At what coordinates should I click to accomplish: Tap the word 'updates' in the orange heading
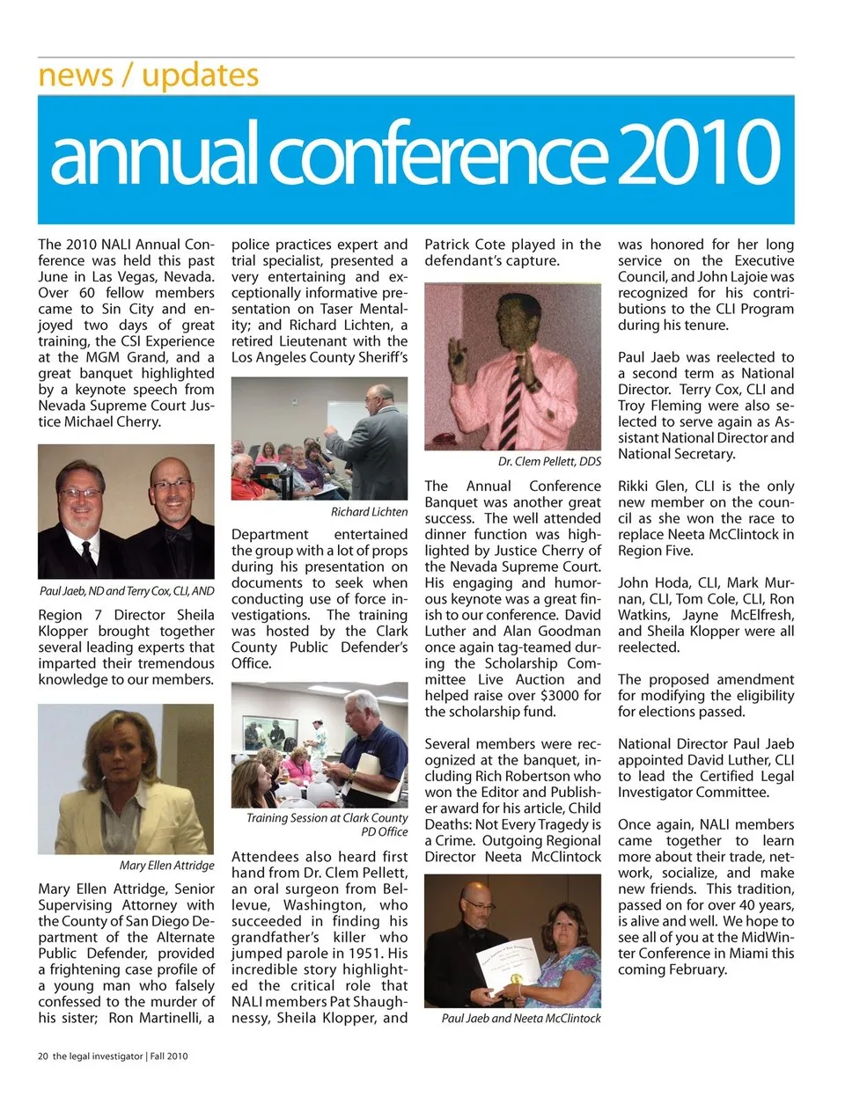point(200,76)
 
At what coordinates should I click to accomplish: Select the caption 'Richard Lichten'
point(369,512)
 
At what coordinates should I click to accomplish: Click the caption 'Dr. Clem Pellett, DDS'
point(549,462)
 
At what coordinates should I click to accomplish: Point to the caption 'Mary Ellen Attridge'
point(166,866)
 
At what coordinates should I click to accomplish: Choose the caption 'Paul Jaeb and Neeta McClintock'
point(521,1019)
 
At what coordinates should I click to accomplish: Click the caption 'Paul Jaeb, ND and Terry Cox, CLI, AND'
point(127,591)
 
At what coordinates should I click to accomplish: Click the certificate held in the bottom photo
point(510,967)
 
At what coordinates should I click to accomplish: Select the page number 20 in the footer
point(42,1057)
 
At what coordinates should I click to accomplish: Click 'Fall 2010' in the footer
point(169,1057)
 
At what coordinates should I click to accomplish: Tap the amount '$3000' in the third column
point(558,696)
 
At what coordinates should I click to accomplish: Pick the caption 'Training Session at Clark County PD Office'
point(327,824)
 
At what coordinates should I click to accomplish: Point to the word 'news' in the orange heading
point(76,76)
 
